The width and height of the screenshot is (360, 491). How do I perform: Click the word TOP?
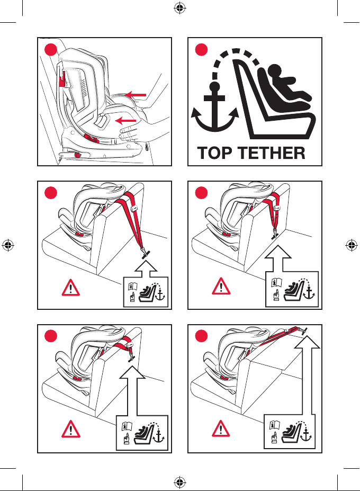215,153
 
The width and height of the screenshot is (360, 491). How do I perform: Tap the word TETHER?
271,153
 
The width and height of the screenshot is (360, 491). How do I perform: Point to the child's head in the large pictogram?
275,72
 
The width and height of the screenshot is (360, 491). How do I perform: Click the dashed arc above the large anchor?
236,51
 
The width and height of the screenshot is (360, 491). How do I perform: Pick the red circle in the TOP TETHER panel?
201,50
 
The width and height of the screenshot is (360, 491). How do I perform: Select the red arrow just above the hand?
125,121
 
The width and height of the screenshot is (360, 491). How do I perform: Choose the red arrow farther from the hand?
136,95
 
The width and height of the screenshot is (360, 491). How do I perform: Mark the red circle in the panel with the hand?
51,50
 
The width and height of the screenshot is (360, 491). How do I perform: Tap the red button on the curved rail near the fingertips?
92,138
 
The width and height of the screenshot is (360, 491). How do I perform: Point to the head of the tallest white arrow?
307,342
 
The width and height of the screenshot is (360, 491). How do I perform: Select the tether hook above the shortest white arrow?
145,253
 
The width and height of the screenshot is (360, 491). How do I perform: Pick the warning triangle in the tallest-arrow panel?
221,428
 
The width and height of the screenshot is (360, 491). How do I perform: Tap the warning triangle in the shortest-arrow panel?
71,288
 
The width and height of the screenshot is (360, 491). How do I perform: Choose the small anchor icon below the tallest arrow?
306,435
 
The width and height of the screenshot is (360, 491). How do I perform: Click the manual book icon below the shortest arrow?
133,286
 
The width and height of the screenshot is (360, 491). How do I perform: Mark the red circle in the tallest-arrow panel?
201,336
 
